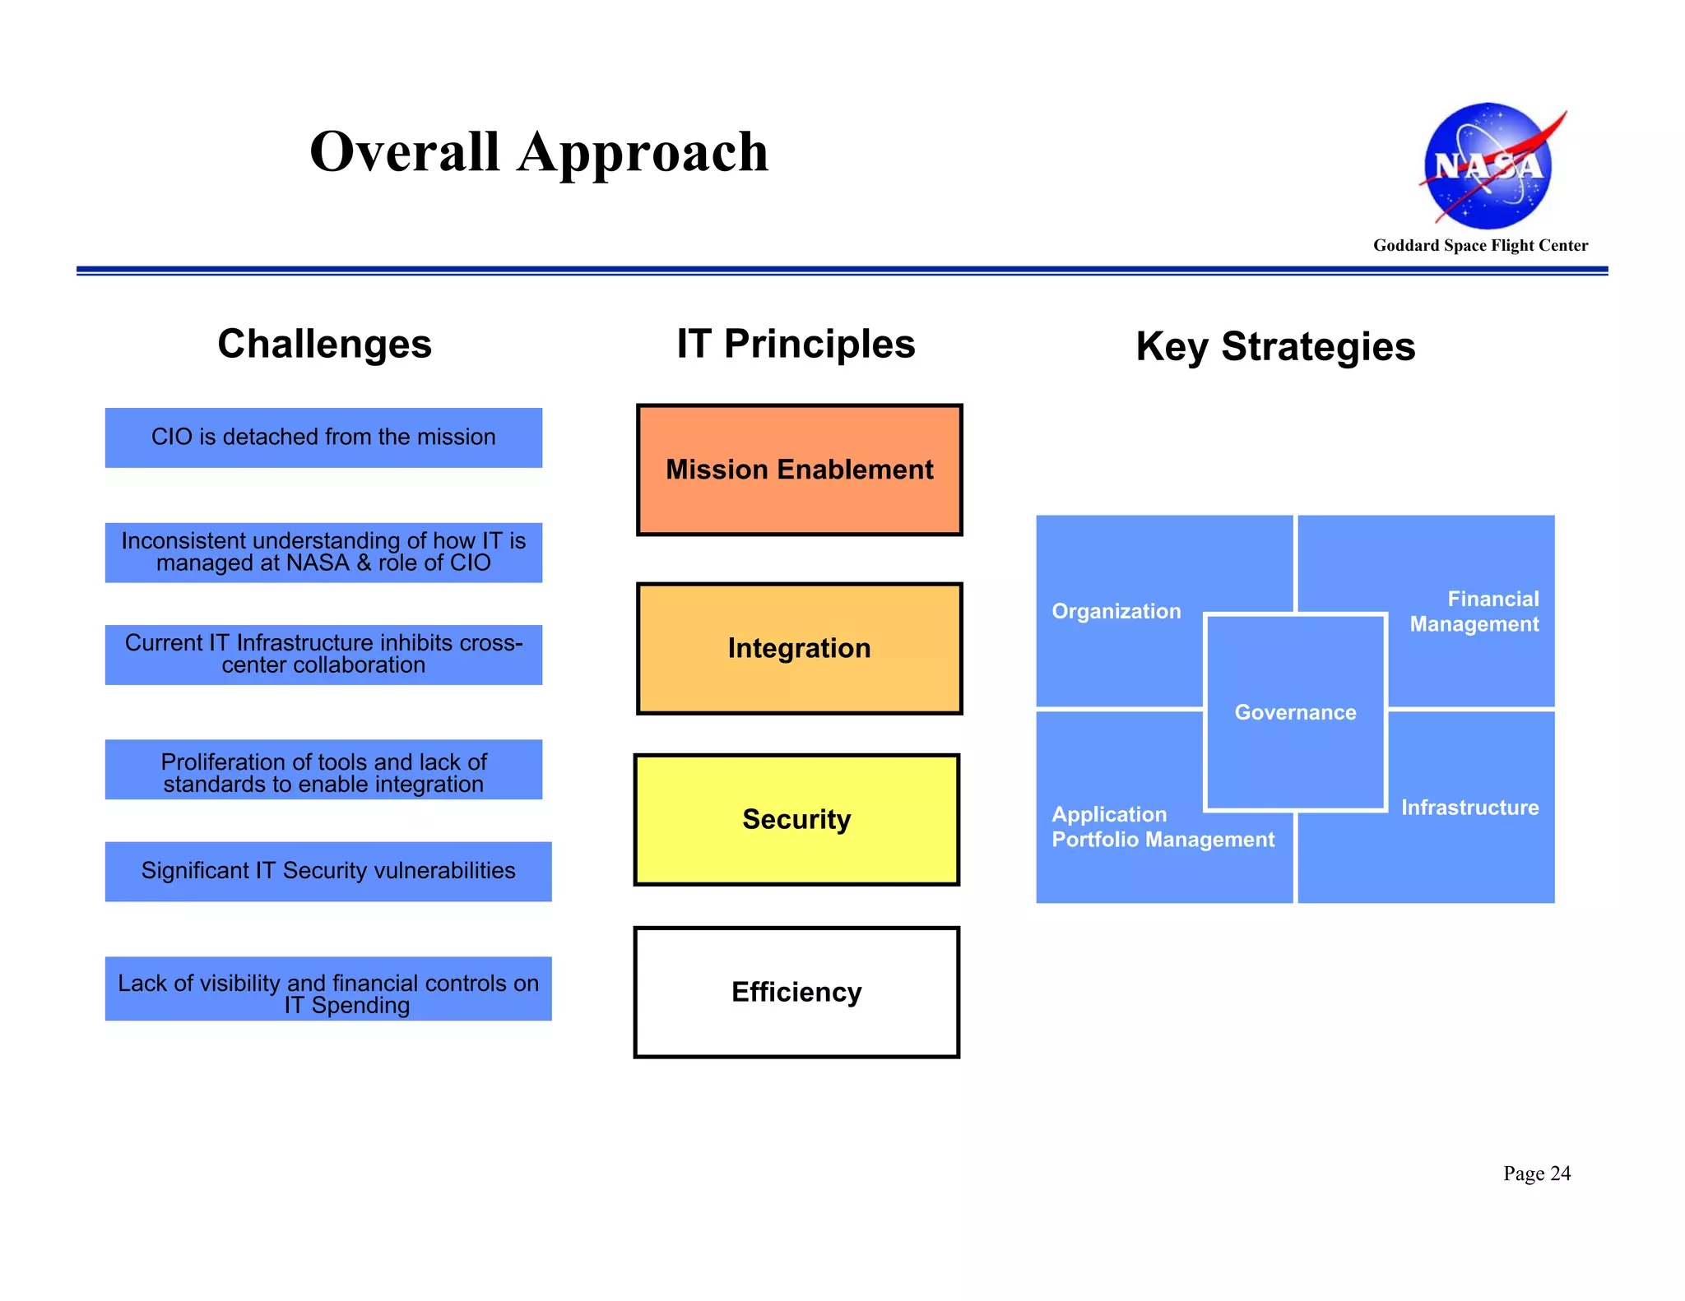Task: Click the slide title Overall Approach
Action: tap(539, 152)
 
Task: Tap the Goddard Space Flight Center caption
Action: tap(1480, 245)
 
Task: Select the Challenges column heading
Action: tap(324, 344)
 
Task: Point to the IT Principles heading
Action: tap(796, 344)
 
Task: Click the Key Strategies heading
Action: tap(1275, 346)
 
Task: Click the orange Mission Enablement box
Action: tap(799, 470)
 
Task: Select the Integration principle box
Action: tap(799, 648)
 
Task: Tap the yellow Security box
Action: tap(796, 819)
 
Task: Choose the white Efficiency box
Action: tap(796, 992)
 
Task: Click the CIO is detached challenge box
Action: tap(323, 438)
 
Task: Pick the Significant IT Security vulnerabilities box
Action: tap(328, 871)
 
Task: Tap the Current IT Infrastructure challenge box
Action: tap(323, 654)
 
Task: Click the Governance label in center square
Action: tap(1295, 712)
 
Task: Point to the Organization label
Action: tap(1116, 611)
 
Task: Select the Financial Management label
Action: tap(1474, 611)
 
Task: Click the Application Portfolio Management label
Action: tap(1162, 826)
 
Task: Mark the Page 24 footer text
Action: tap(1536, 1174)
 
